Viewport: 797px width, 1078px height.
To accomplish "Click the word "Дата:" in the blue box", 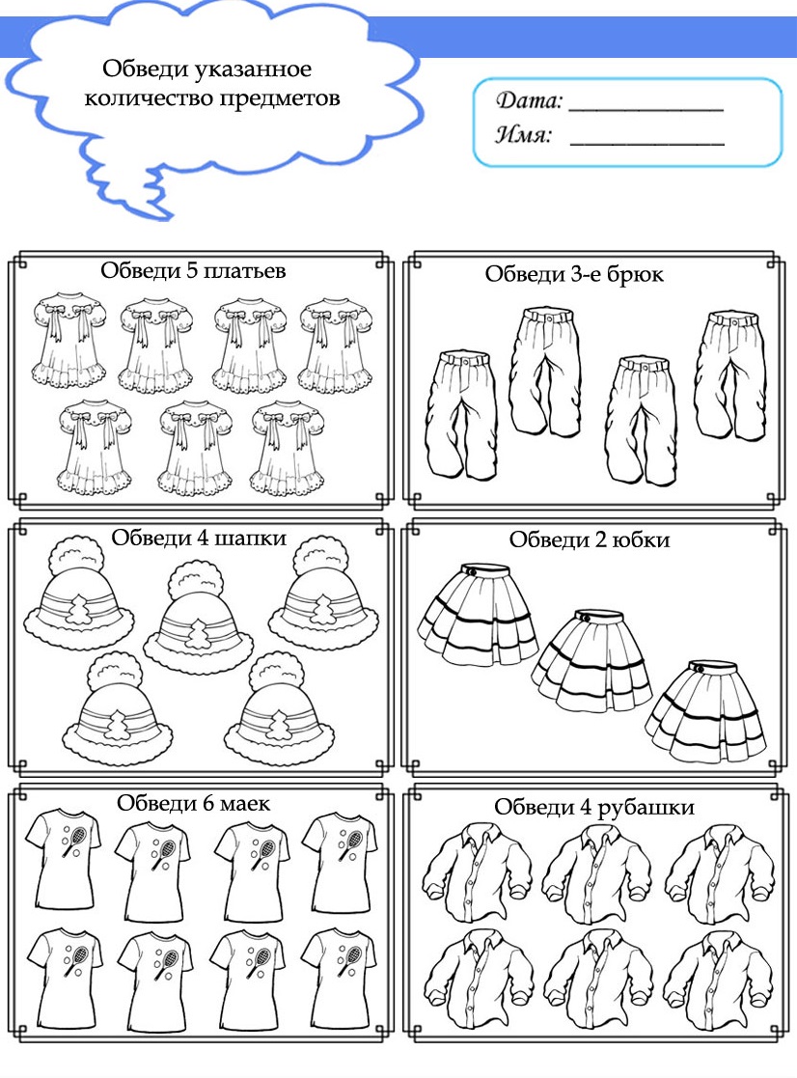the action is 529,100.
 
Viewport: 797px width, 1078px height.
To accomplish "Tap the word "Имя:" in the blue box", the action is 524,133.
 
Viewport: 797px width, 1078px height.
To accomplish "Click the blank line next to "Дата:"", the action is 646,109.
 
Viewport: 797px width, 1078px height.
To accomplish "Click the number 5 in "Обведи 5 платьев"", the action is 192,270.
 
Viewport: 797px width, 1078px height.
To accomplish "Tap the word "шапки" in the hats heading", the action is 250,538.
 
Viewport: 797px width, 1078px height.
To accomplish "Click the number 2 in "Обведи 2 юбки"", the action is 600,539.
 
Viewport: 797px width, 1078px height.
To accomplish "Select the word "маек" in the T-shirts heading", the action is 244,803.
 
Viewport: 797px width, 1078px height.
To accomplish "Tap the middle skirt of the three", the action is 591,660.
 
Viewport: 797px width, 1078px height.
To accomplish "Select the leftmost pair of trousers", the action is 460,415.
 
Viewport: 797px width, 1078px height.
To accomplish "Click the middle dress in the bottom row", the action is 195,448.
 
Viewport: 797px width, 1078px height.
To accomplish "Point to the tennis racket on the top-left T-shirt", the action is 73,841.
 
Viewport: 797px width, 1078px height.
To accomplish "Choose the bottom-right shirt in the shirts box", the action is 717,979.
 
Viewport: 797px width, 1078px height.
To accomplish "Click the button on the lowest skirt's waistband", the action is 699,668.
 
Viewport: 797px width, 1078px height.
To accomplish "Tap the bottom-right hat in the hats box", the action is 279,712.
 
